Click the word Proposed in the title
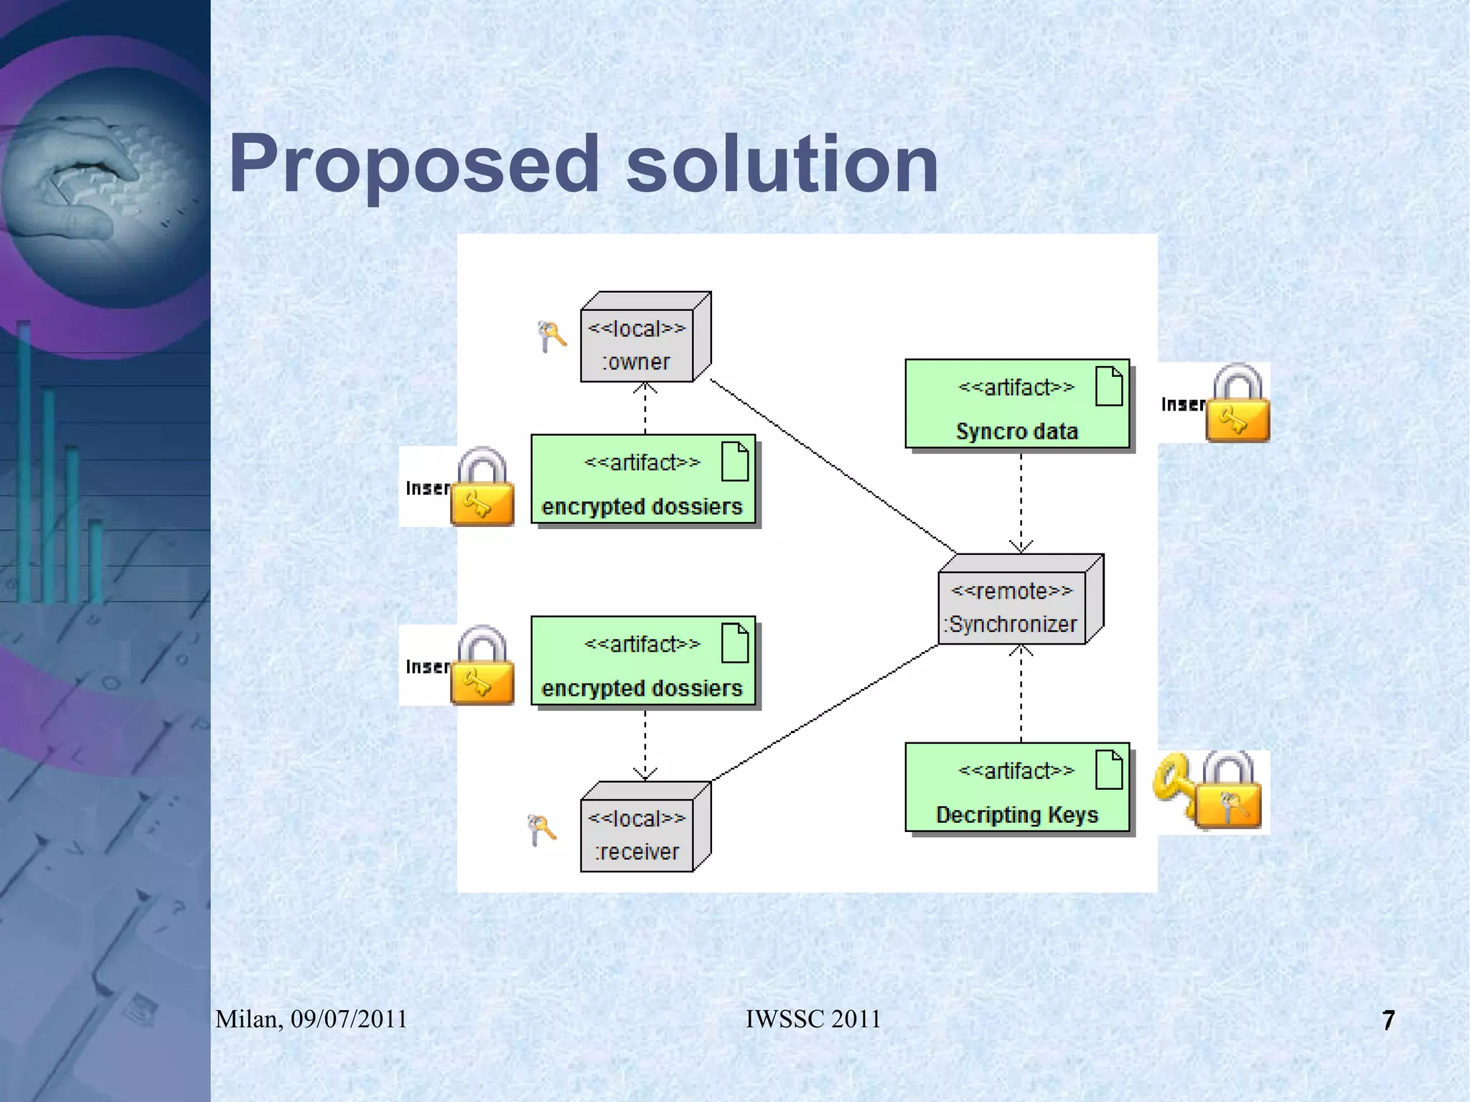click(x=413, y=165)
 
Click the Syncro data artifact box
click(x=1016, y=405)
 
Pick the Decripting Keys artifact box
click(x=1016, y=788)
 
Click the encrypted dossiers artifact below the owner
click(x=642, y=480)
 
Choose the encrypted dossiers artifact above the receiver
click(x=642, y=662)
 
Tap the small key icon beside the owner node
click(x=551, y=335)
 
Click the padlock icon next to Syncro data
click(x=1237, y=403)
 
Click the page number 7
click(x=1388, y=1020)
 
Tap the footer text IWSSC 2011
click(x=813, y=1019)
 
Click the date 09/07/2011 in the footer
click(x=349, y=1019)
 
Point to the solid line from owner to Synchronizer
click(x=833, y=467)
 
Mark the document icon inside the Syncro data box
click(x=1108, y=386)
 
